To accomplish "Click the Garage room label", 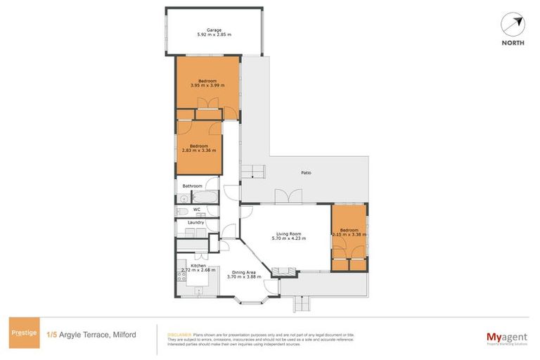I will point(214,30).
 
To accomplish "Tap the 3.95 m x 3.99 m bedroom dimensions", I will point(207,86).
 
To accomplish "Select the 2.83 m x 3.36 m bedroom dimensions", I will point(198,150).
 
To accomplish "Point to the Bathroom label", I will point(192,186).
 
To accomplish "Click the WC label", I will point(198,209).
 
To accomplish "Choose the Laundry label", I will point(195,222).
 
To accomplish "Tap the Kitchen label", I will point(198,265).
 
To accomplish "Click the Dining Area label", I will point(244,272).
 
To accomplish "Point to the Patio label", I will point(307,172).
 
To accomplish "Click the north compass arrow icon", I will point(514,24).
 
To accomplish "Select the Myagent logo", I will point(507,337).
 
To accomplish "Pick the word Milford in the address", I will point(124,335).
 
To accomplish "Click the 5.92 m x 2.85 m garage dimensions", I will point(214,35).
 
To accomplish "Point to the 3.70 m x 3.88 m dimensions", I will point(244,277).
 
